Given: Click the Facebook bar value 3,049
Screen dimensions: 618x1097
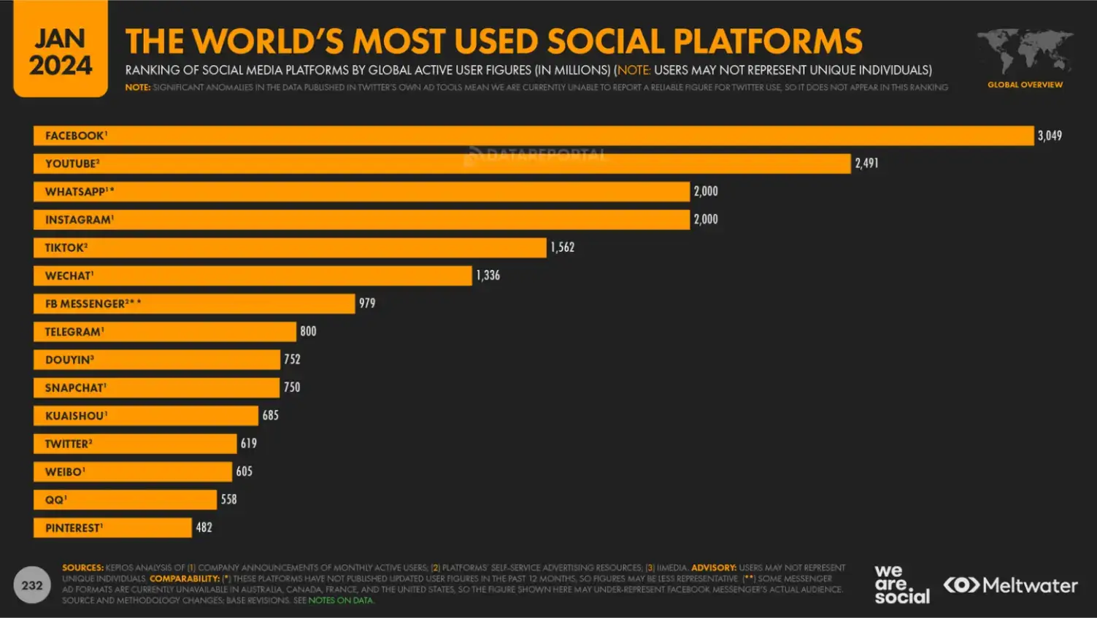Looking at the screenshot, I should tap(1050, 136).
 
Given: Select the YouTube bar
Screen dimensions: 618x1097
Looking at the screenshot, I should tap(442, 163).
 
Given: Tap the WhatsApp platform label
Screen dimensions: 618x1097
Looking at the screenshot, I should tap(80, 192).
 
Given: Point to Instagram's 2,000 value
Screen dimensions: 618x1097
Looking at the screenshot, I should tap(706, 220).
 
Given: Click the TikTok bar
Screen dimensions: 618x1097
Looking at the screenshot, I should tap(290, 248).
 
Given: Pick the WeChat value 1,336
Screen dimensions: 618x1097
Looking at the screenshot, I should tap(488, 276).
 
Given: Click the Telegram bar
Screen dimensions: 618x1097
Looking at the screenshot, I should tap(165, 332).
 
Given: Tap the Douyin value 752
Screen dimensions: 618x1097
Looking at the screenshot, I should tap(292, 360).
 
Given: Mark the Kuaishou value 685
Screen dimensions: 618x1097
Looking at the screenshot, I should tap(271, 416).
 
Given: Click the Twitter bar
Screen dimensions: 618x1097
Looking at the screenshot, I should tap(135, 444).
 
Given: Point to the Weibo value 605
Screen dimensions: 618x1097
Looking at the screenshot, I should tap(245, 472).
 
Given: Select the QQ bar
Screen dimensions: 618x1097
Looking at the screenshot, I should tap(125, 500).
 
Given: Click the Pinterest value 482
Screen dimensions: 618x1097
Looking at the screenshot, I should tap(204, 528).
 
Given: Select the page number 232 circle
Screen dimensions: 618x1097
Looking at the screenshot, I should tap(32, 585).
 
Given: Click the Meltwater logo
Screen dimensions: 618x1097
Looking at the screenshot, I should tap(1011, 585).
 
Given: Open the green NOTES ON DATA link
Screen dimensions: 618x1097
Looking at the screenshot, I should tap(341, 600).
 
